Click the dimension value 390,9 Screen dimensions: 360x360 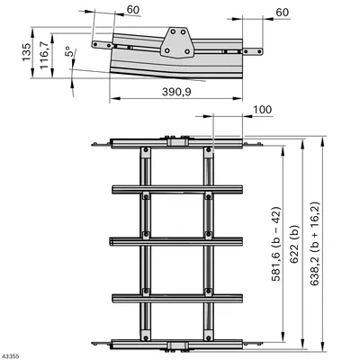coord(176,92)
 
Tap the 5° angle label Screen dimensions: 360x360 coord(69,51)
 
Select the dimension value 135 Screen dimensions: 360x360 coord(26,52)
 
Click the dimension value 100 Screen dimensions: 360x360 coord(263,110)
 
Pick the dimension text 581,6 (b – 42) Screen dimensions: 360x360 coord(276,244)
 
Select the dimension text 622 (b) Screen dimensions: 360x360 coord(295,244)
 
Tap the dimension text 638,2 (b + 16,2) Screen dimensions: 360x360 coord(315,243)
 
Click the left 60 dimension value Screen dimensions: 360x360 coord(133,10)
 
